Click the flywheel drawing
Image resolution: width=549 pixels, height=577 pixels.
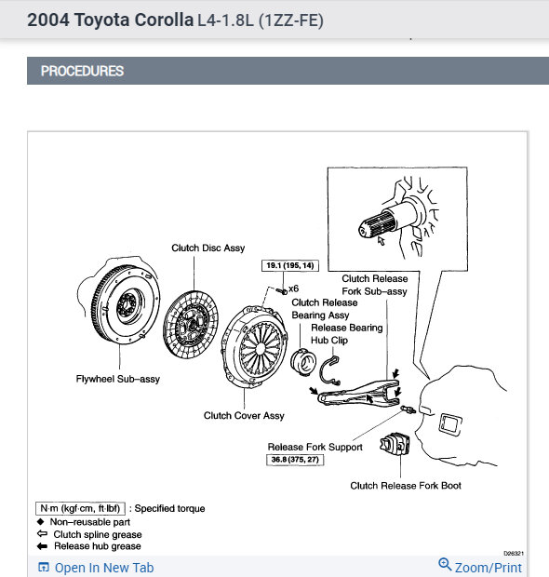125,304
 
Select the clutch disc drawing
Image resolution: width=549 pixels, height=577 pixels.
190,325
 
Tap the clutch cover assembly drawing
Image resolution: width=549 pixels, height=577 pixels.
254,346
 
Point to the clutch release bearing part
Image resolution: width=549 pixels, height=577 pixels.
303,362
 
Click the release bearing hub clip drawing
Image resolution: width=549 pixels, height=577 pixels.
328,370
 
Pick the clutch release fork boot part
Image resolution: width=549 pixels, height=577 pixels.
395,444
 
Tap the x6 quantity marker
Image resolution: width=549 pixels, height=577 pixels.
294,288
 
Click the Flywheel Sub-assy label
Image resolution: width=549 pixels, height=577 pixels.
118,379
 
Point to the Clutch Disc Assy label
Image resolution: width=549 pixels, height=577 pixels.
208,248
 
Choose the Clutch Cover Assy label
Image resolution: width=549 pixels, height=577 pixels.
244,415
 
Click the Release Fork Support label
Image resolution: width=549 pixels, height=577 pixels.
315,447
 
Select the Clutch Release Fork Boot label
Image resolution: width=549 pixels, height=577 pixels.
406,486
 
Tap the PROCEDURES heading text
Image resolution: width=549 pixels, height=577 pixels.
82,71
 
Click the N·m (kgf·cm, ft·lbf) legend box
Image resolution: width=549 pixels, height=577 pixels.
80,508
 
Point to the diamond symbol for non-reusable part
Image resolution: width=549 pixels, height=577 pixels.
40,522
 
